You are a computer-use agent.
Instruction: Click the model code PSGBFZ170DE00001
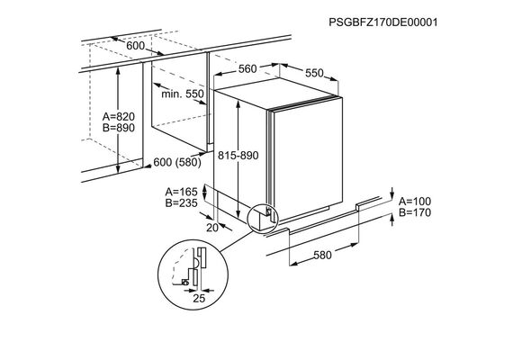(382, 22)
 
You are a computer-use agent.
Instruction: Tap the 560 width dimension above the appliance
(247, 69)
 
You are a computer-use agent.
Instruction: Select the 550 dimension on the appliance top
(314, 73)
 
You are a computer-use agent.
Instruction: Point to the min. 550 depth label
(183, 94)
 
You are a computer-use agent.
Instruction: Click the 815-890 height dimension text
(238, 156)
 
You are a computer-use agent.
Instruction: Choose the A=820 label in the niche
(119, 116)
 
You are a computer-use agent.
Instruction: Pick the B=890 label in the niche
(119, 128)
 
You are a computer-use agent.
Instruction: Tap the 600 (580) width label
(177, 162)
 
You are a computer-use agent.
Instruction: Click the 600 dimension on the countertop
(135, 46)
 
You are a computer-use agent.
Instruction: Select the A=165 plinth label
(181, 192)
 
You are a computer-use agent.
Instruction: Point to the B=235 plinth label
(181, 203)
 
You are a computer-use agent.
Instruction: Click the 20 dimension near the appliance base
(212, 228)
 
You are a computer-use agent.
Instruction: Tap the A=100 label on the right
(415, 202)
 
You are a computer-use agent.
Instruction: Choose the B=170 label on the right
(415, 212)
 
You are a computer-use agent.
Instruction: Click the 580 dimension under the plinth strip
(322, 255)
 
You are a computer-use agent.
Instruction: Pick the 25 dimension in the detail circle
(199, 298)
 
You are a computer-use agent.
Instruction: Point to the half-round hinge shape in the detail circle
(196, 262)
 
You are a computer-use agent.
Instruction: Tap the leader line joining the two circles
(237, 242)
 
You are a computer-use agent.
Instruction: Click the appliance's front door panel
(308, 158)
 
